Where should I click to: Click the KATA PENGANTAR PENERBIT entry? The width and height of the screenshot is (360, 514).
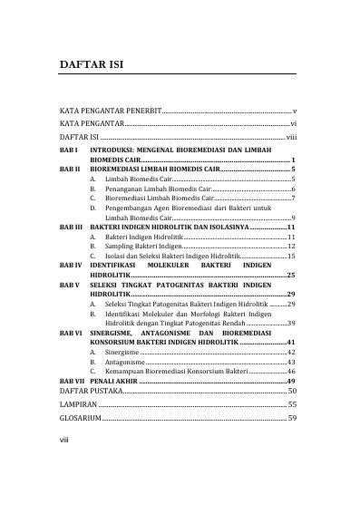(x=111, y=109)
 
